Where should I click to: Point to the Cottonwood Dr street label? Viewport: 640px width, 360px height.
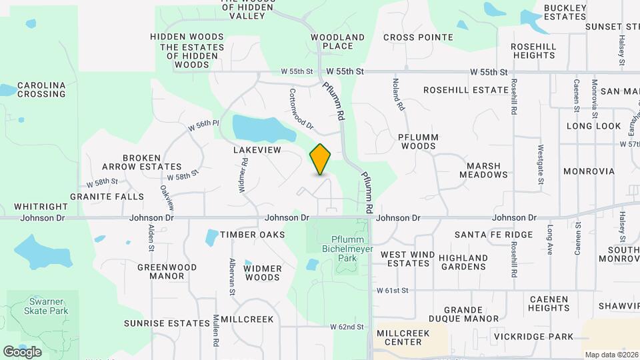point(301,109)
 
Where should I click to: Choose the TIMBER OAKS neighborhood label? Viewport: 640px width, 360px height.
point(243,235)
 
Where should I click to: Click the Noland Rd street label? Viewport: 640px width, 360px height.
point(399,94)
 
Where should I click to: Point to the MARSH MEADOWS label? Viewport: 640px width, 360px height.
point(483,170)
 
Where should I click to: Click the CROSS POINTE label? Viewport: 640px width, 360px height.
point(418,37)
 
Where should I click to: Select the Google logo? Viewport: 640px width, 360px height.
point(22,351)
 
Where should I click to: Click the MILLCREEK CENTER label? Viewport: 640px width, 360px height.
point(399,337)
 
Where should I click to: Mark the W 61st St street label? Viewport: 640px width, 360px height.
point(392,291)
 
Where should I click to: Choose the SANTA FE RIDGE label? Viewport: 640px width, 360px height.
point(493,235)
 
